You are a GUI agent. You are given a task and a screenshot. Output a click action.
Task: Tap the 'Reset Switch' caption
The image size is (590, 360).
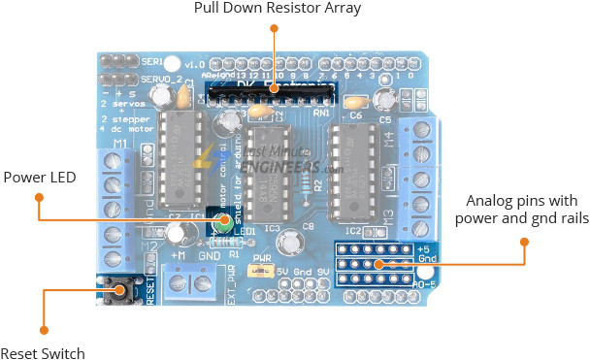tap(43, 353)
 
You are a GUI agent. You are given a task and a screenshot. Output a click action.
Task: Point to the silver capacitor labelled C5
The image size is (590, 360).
tap(387, 100)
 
